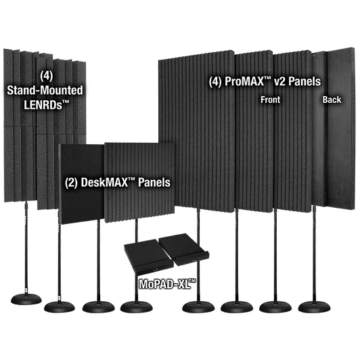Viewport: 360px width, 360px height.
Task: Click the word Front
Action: point(270,99)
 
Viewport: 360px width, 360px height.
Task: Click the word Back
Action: point(332,99)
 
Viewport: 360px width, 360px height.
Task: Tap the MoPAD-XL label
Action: point(168,284)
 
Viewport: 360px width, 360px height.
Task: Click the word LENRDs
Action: point(46,105)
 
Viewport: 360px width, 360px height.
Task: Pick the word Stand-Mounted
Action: point(45,90)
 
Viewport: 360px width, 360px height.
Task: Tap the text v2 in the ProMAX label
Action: point(280,81)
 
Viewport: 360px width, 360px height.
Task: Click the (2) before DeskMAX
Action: point(72,183)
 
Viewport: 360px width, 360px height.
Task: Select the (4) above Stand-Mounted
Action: point(47,76)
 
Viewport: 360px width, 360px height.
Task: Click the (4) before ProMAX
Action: point(215,81)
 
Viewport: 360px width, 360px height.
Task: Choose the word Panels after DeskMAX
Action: point(154,183)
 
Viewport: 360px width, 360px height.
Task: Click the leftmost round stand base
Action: point(26,299)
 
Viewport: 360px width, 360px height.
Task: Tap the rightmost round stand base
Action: point(314,307)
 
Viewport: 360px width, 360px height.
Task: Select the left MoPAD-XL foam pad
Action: point(148,256)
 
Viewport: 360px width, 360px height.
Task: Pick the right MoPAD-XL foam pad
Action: point(184,248)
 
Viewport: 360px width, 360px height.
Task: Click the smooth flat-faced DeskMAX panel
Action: point(82,183)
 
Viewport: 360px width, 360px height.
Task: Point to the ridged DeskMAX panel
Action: point(139,183)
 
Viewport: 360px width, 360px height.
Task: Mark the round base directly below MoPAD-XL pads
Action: point(137,307)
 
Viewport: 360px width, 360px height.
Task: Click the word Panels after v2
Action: point(305,81)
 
